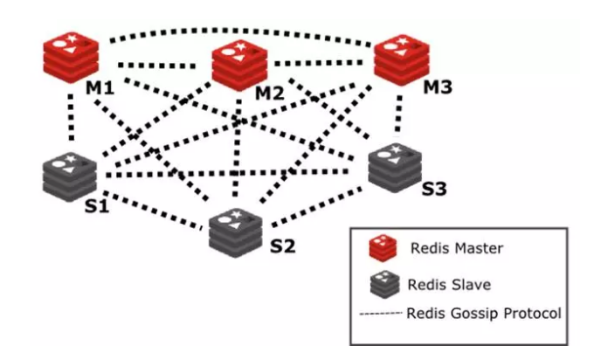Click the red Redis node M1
71,58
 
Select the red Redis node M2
239,66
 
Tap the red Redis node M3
401,60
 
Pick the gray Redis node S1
69,177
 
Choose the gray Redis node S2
236,233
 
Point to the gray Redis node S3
395,168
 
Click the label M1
100,88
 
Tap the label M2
270,93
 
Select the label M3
438,87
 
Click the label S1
97,206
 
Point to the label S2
283,246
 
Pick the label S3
434,189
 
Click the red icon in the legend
383,248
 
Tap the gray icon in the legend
384,285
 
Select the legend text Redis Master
457,248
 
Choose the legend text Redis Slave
449,285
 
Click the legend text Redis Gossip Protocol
484,313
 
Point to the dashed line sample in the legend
381,314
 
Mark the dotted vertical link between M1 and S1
72,117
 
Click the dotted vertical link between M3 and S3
398,114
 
